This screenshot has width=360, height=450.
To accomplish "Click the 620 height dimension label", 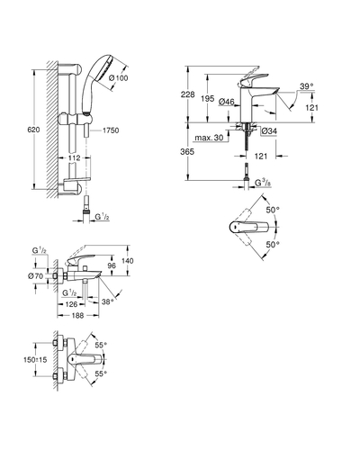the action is click(33, 130).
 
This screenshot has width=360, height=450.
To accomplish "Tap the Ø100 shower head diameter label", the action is click(118, 78).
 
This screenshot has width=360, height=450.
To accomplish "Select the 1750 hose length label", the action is click(111, 130).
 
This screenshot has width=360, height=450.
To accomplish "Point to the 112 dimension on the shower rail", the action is click(74, 157).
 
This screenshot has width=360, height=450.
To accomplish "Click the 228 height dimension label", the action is click(187, 94).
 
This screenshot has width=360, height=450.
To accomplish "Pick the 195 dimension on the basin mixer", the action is click(208, 98).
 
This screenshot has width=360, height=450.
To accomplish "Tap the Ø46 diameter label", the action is click(227, 102).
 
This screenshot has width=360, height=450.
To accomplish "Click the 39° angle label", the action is click(307, 86).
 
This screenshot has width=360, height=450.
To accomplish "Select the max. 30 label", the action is click(209, 138).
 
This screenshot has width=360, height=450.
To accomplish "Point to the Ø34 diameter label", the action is click(269, 131).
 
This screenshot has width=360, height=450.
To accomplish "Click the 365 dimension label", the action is click(187, 152).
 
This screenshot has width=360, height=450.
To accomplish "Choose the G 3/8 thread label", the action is click(263, 183).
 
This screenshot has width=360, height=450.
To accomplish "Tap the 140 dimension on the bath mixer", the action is click(128, 261).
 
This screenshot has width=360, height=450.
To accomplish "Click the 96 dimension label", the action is click(112, 265).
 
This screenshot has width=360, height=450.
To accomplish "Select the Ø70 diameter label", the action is click(36, 276).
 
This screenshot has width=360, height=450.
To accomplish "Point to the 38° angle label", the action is click(108, 301).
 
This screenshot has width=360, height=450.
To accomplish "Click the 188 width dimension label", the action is click(77, 316).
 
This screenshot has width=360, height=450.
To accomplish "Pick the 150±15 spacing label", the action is click(35, 359).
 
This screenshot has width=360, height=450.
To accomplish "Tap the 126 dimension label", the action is click(71, 304).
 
